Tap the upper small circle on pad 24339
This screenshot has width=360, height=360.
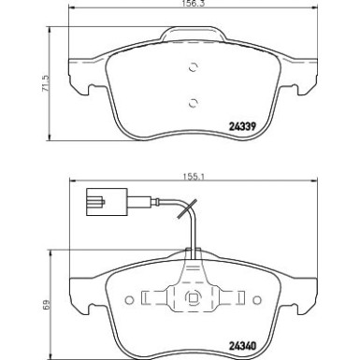click(x=194, y=65)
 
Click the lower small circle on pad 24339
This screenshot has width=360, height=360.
click(x=194, y=103)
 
